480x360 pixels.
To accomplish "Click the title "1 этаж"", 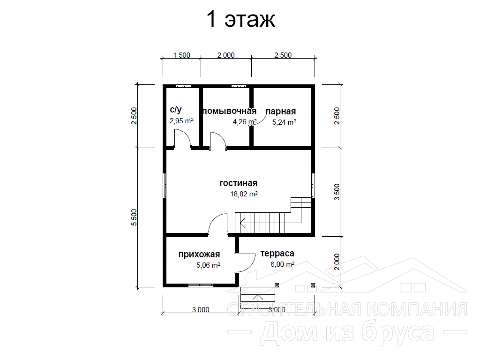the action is pyautogui.click(x=241, y=19).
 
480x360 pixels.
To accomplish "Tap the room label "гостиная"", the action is pyautogui.click(x=239, y=183).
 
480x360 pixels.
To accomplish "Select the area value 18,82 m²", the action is pyautogui.click(x=244, y=194).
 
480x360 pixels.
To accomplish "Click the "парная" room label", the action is pyautogui.click(x=281, y=112).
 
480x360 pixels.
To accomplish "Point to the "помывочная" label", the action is pyautogui.click(x=229, y=111).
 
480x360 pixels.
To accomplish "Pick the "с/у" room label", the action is pyautogui.click(x=176, y=110).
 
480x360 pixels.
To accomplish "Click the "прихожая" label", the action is pyautogui.click(x=199, y=255).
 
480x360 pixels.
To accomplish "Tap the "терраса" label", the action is pyautogui.click(x=277, y=254).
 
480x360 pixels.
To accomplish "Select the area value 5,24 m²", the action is pyautogui.click(x=284, y=122).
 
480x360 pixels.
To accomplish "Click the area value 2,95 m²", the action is pyautogui.click(x=181, y=120).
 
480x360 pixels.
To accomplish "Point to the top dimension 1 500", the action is pyautogui.click(x=181, y=55).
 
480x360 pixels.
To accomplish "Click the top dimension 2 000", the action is pyautogui.click(x=226, y=55).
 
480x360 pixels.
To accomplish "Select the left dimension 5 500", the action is pyautogui.click(x=134, y=217).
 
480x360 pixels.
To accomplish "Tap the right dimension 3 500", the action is pyautogui.click(x=337, y=192).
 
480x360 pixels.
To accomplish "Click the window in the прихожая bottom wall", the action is pyautogui.click(x=201, y=285).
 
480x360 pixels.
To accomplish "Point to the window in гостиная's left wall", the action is pyautogui.click(x=165, y=186).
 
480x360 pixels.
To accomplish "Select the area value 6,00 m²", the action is pyautogui.click(x=283, y=264).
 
